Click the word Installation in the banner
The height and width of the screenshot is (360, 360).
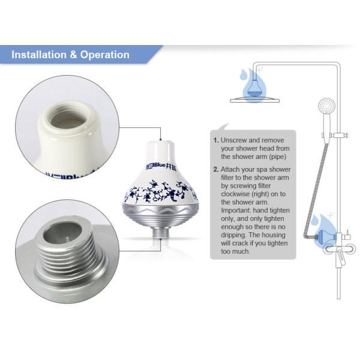pyautogui.click(x=39, y=55)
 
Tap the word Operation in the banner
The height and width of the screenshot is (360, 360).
pyautogui.click(x=104, y=55)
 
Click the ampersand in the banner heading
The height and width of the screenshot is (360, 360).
pyautogui.click(x=73, y=55)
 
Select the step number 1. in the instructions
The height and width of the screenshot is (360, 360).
pyautogui.click(x=216, y=140)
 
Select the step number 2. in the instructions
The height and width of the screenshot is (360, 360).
pyautogui.click(x=216, y=169)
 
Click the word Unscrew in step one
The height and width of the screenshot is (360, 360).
pyautogui.click(x=233, y=140)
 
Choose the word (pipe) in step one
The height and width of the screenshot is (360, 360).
pyautogui.click(x=278, y=157)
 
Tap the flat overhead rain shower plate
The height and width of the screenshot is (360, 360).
pyautogui.click(x=255, y=100)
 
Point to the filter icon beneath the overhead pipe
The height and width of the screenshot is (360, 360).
pyautogui.click(x=254, y=88)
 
